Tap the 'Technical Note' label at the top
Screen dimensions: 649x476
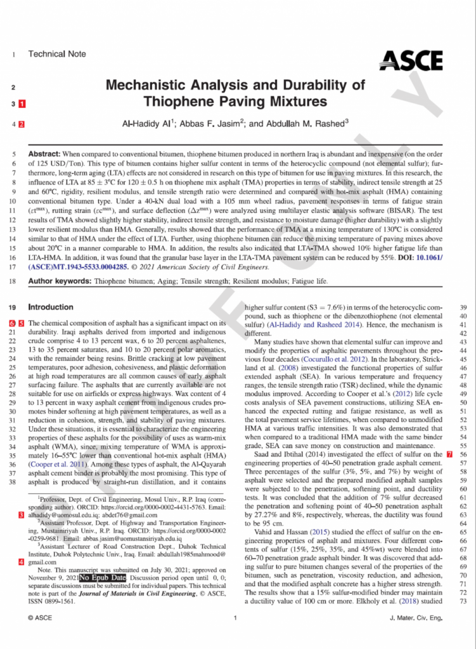(57, 55)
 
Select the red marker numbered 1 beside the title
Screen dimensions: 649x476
(23, 103)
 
